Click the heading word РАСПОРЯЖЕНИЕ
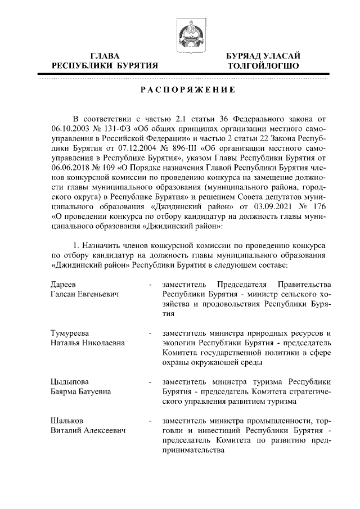180,91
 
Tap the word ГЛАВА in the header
105,56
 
